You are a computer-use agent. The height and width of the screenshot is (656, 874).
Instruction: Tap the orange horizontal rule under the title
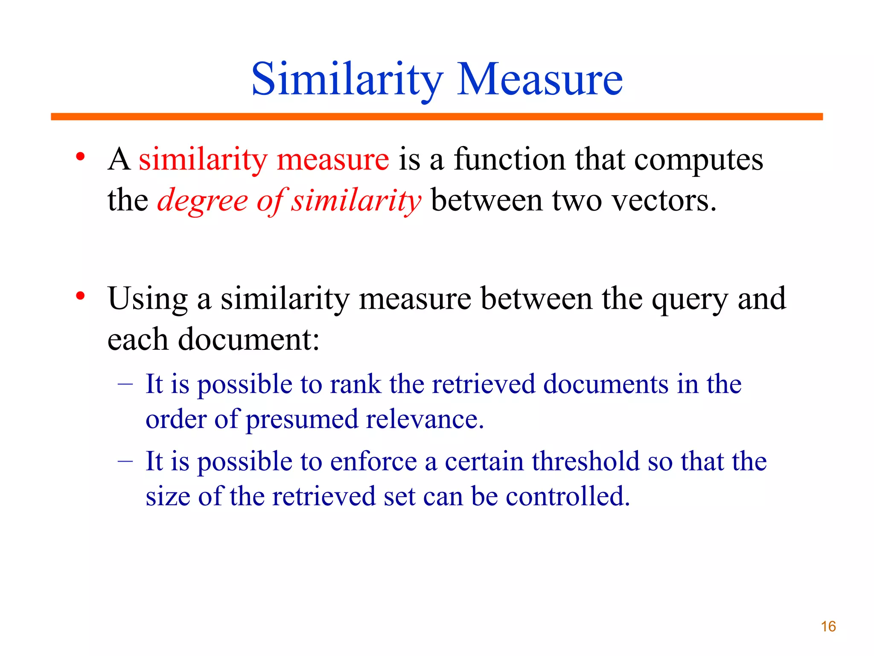point(437,117)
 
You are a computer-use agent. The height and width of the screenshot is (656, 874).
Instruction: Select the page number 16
point(828,627)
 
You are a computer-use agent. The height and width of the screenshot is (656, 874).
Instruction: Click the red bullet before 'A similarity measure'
point(80,157)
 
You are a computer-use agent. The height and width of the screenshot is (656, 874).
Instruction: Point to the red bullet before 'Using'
point(80,296)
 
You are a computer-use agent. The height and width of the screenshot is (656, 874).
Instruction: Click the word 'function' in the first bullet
point(509,159)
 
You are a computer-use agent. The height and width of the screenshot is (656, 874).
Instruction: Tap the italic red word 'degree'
point(202,201)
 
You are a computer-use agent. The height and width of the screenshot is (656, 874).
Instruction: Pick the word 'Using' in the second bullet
point(148,299)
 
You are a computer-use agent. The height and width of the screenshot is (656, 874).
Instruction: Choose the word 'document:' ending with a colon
point(249,339)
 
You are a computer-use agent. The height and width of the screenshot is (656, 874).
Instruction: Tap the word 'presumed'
point(302,419)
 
